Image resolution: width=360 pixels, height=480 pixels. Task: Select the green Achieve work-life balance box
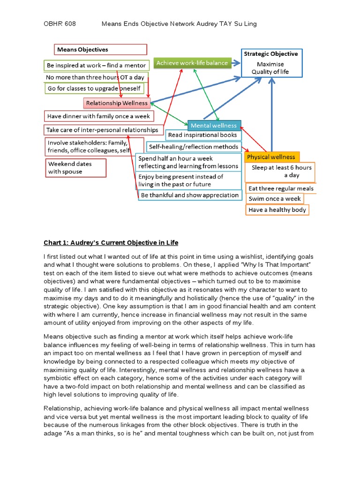[x=192, y=63]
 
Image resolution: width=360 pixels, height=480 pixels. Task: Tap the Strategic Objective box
[x=271, y=63]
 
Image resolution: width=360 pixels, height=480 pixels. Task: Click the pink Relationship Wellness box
[x=117, y=103]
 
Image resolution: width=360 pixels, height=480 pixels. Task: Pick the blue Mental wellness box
[x=214, y=125]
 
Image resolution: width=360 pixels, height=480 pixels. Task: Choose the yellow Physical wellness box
[x=272, y=157]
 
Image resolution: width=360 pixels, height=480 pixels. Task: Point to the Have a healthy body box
[x=277, y=210]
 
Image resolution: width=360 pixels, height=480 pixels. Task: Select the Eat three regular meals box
[x=281, y=188]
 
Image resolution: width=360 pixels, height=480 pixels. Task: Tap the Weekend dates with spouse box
[x=76, y=168]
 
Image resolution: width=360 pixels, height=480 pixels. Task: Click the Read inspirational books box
[x=203, y=135]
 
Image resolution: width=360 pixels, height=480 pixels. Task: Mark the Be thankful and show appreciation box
[x=190, y=195]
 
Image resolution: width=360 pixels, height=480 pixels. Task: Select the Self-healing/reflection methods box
[x=193, y=147]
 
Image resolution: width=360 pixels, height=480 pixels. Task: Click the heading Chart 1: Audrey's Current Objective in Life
[x=111, y=242]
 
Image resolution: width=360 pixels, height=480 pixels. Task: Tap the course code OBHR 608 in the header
[x=60, y=23]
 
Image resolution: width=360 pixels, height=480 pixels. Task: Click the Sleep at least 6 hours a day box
[x=280, y=172]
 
